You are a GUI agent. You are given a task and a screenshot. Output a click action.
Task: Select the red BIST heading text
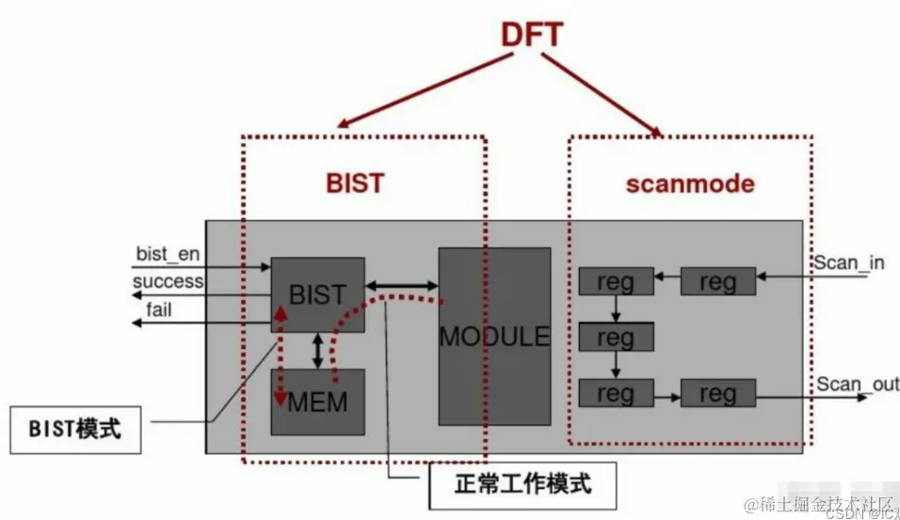[355, 181]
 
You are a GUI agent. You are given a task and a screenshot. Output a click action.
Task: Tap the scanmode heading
[690, 182]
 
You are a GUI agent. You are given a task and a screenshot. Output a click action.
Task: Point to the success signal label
[168, 281]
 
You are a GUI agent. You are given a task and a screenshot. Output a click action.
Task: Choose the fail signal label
[159, 307]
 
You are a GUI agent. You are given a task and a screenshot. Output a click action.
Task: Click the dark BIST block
[317, 293]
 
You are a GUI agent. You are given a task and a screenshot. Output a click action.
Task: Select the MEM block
[317, 402]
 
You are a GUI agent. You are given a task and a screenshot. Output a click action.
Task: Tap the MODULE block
[494, 336]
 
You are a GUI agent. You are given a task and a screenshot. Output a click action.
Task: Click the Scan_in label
[849, 262]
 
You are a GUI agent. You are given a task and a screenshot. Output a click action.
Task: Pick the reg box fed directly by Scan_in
[717, 280]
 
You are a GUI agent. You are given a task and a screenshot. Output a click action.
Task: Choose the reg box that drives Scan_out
[717, 393]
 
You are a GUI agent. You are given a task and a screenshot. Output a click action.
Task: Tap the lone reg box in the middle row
[615, 336]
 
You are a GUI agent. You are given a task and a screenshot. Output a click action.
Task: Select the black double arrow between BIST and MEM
[317, 350]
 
